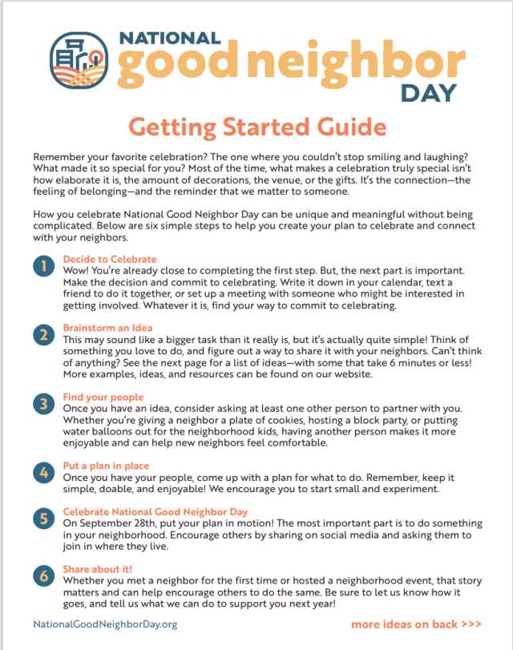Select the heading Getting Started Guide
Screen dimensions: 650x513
pyautogui.click(x=257, y=127)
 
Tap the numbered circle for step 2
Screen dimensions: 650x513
pyautogui.click(x=43, y=335)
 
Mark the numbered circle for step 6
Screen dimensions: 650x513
pyautogui.click(x=43, y=575)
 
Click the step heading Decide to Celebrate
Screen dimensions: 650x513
pyautogui.click(x=110, y=259)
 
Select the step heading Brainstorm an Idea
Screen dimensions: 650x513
pyautogui.click(x=107, y=327)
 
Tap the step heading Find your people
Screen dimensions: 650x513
pyautogui.click(x=103, y=396)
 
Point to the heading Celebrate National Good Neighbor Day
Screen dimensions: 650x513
pyautogui.click(x=156, y=511)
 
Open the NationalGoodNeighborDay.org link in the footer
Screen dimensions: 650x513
pyautogui.click(x=105, y=624)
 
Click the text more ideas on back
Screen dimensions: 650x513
pyautogui.click(x=416, y=624)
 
